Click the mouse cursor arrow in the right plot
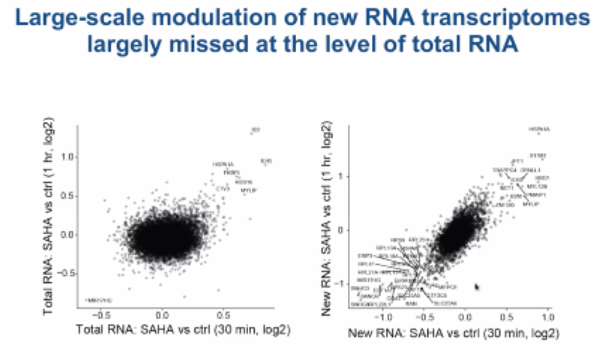point(477,286)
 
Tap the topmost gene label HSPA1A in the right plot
point(539,130)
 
